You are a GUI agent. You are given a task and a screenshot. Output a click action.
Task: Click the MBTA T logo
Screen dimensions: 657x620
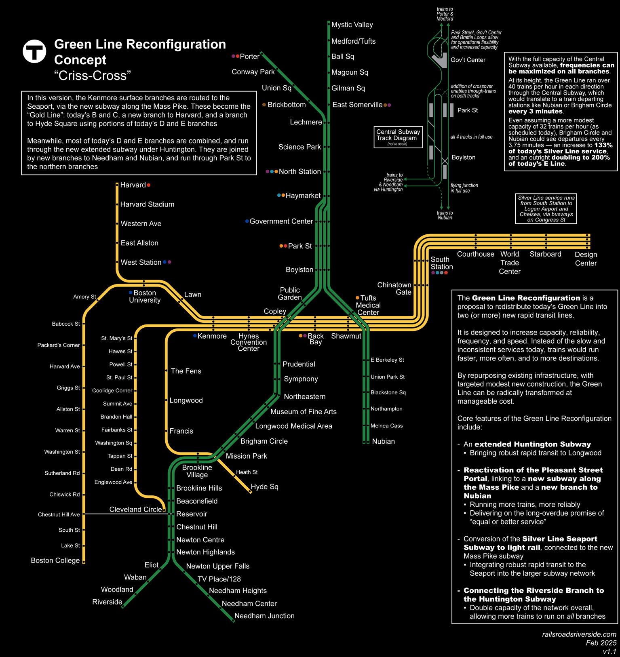tap(34, 51)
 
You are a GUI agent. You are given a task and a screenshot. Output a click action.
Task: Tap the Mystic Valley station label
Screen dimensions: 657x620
tap(352, 25)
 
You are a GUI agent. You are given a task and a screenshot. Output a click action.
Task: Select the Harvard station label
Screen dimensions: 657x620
tap(133, 185)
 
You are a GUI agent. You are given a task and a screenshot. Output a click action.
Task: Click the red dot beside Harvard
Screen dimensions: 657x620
tap(149, 185)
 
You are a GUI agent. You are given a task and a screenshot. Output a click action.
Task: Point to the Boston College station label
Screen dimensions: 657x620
tap(55, 560)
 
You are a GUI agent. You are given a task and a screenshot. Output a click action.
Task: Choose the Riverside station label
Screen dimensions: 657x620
tap(107, 602)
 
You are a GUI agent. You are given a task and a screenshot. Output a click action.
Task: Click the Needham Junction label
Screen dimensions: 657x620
tap(264, 616)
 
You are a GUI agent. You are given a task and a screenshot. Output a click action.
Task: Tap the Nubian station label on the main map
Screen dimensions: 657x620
tap(383, 441)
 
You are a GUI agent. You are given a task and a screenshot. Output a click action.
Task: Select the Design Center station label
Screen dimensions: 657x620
tap(586, 259)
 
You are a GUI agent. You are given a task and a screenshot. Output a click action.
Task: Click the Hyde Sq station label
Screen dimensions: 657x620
tap(264, 486)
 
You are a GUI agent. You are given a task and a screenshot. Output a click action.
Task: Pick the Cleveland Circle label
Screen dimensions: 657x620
tap(135, 510)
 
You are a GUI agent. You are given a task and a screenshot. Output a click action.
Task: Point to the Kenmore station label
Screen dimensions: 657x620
tap(212, 336)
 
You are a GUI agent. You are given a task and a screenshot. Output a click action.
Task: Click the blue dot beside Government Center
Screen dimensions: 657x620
tap(247, 221)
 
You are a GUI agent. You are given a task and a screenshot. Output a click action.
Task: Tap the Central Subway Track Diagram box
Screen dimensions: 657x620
tap(398, 137)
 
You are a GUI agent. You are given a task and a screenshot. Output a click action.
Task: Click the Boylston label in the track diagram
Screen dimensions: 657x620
tap(463, 158)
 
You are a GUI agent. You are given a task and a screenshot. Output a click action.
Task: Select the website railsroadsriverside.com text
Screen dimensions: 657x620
tap(579, 634)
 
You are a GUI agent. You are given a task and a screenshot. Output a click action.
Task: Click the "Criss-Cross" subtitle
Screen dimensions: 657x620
tap(93, 76)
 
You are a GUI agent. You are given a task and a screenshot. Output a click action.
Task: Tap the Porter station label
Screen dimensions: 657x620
tap(249, 57)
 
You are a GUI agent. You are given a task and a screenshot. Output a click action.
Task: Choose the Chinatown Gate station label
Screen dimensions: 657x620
tap(394, 288)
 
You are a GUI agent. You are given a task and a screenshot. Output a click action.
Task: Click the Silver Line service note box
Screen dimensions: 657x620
tap(546, 209)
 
